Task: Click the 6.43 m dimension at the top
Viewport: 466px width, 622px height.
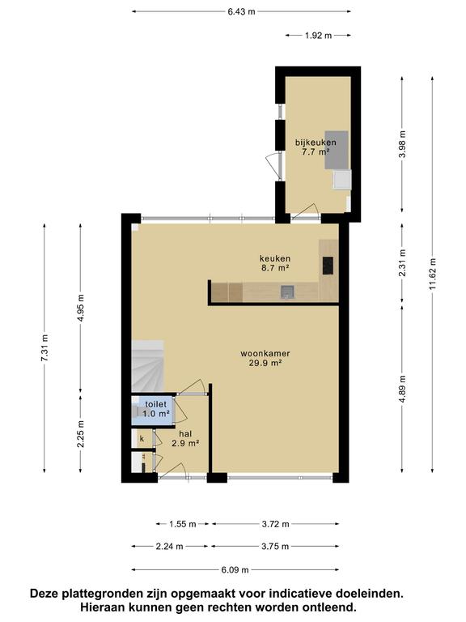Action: [241, 11]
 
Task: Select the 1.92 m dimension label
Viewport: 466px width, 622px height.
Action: [318, 35]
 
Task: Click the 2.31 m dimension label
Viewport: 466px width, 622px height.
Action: [402, 262]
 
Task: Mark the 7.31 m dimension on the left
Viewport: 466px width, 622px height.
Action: [45, 349]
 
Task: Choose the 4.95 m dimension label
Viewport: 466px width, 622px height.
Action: [80, 309]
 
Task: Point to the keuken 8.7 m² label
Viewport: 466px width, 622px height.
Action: [273, 262]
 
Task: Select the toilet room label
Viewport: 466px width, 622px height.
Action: [156, 408]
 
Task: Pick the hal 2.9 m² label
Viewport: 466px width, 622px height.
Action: [184, 438]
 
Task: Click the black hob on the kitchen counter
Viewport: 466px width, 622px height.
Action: [328, 265]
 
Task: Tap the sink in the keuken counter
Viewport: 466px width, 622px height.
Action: [287, 292]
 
